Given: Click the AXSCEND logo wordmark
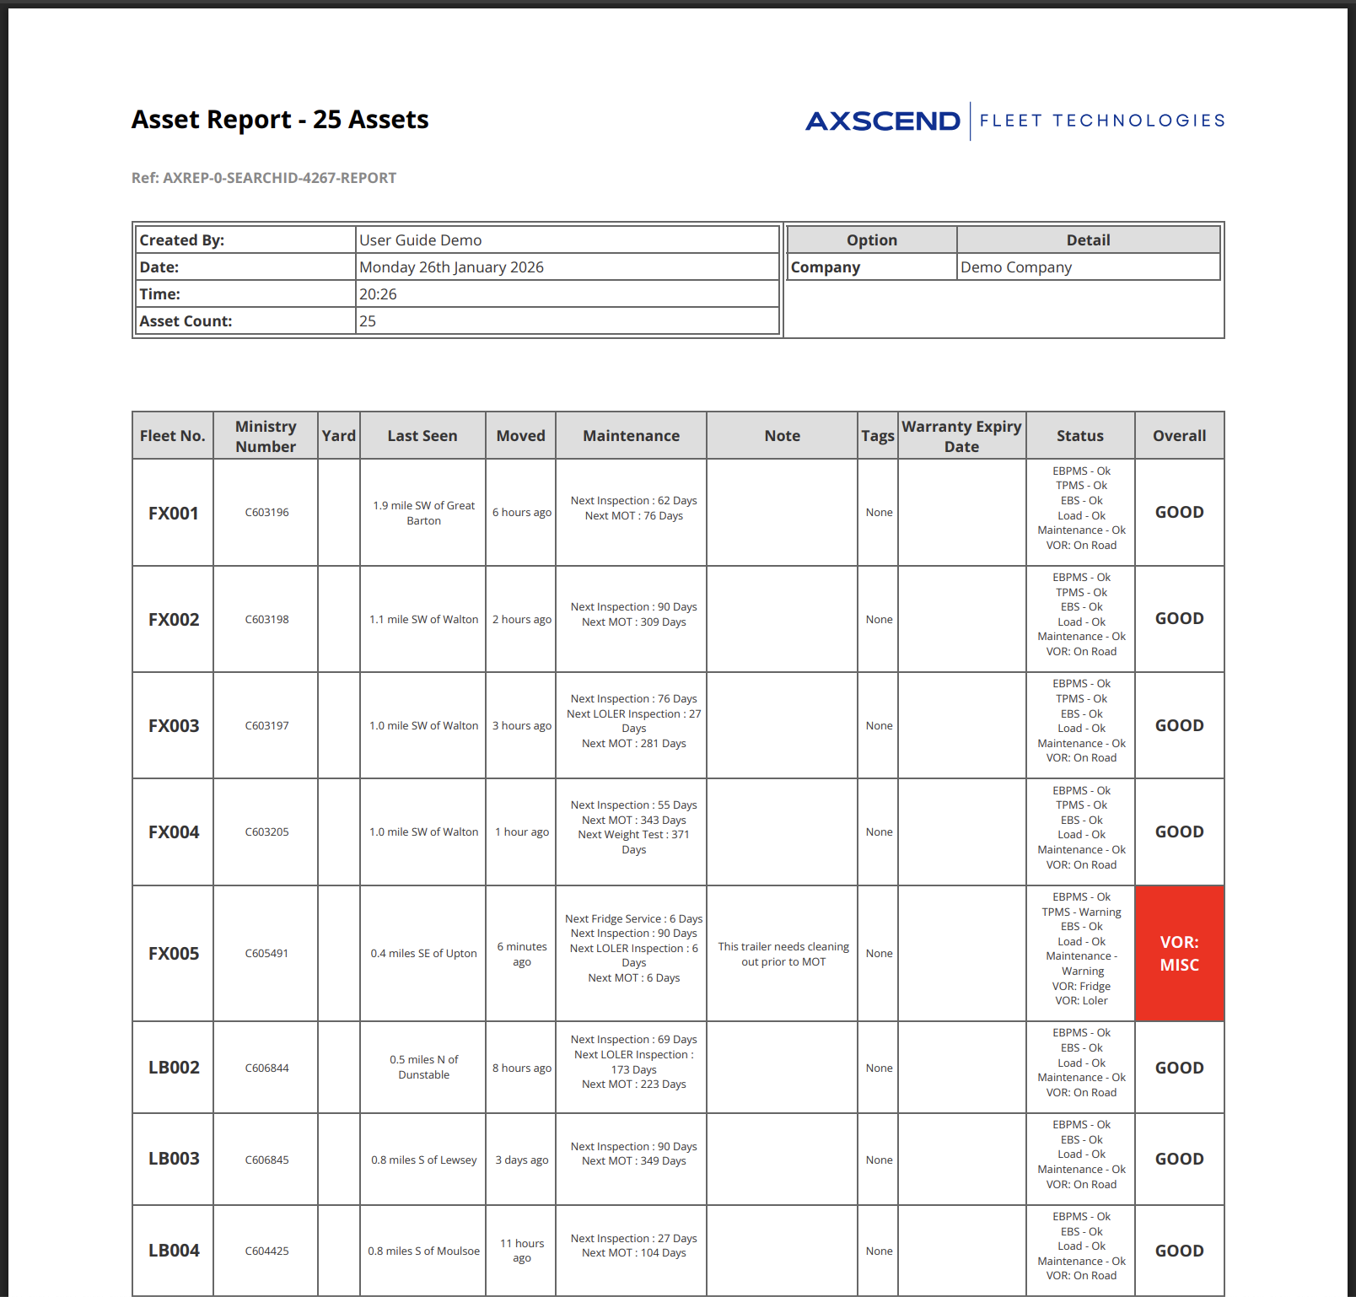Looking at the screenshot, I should [x=882, y=121].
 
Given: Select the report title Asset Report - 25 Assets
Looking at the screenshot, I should [x=280, y=120].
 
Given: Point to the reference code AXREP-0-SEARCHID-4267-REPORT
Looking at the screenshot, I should [x=264, y=178].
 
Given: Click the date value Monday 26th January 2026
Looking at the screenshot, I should [x=451, y=267].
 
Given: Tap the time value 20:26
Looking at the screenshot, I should [x=378, y=294].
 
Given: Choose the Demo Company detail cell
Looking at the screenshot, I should [x=1016, y=267].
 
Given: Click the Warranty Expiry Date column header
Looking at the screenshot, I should [x=961, y=436].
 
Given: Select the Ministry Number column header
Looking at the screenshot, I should [x=266, y=436].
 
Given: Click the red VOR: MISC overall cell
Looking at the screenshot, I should [x=1179, y=953].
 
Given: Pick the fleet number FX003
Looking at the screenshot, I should [x=174, y=726].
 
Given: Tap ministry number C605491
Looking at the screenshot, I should [x=266, y=954].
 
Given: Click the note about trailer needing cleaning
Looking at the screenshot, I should [x=783, y=954].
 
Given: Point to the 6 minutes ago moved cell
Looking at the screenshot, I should [x=521, y=954].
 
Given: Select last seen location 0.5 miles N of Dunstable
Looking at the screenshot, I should [x=423, y=1067].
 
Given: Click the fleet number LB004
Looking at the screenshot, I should [x=174, y=1251].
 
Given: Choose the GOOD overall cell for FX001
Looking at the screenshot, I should [x=1179, y=512].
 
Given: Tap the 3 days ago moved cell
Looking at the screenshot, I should [x=521, y=1160].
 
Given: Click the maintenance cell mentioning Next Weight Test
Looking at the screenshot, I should [x=633, y=827].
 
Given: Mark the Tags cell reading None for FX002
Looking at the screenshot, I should [x=879, y=619].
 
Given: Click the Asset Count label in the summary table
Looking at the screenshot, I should [x=186, y=321].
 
